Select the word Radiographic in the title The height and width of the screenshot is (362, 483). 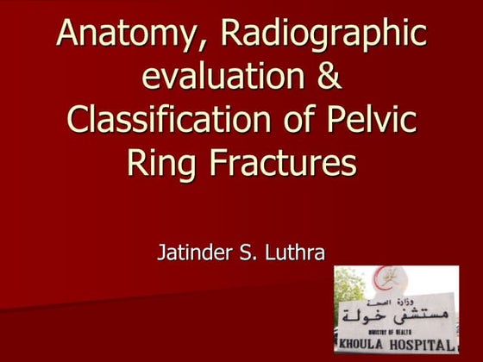coord(323,34)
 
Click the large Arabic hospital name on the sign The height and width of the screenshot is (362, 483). coord(398,314)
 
